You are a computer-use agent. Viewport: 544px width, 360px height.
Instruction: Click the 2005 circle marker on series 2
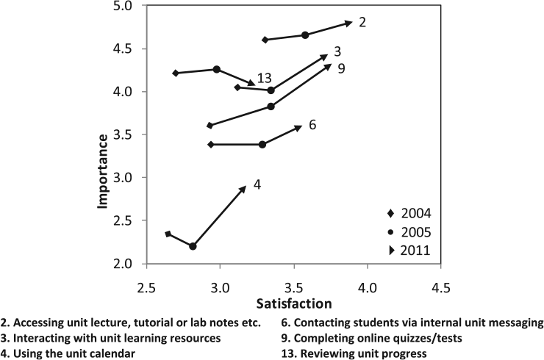tap(305, 35)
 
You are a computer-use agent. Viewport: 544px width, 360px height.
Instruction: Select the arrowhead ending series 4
tap(243, 189)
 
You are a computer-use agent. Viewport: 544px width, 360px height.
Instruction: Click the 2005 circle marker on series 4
tap(193, 246)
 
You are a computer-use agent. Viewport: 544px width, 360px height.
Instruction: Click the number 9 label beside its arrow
tap(342, 68)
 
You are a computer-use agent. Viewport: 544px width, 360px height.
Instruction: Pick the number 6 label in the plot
tap(312, 124)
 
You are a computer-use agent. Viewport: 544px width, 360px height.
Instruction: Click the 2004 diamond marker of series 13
tap(237, 87)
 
